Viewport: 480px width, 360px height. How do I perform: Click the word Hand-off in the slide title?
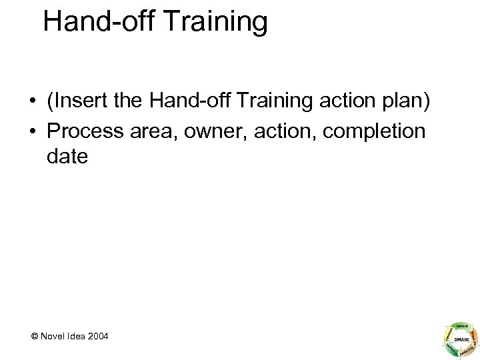91,22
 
